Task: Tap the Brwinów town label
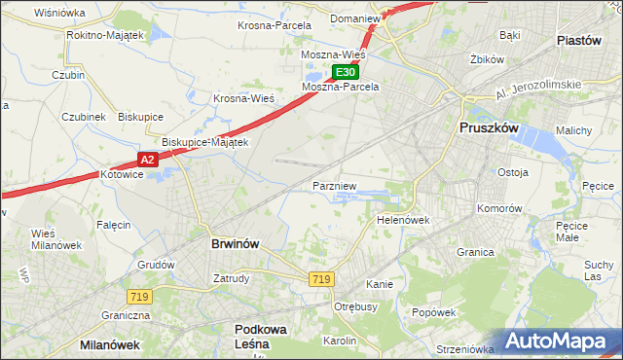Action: [235, 244]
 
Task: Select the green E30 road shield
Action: [346, 72]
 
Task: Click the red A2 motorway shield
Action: [146, 159]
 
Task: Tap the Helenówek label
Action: [403, 221]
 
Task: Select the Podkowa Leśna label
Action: [259, 336]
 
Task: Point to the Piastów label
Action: [584, 40]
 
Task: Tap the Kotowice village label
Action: [122, 174]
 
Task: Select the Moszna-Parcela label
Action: [340, 87]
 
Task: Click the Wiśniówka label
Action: [59, 13]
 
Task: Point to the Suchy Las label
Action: [599, 270]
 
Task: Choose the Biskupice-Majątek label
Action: [204, 142]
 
